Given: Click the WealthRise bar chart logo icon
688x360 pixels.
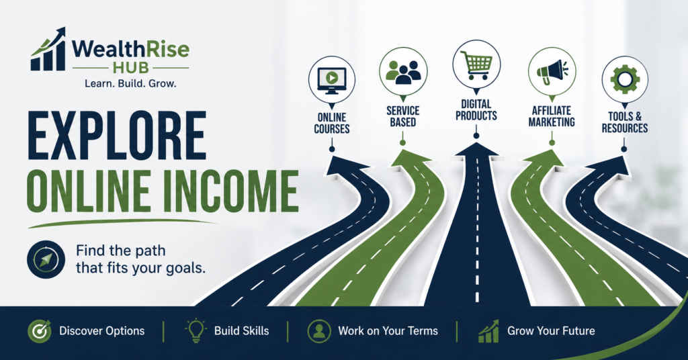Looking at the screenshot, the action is click(48, 49).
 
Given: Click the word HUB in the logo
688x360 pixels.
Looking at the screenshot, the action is click(131, 68).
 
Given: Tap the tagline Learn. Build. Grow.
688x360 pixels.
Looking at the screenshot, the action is click(130, 83).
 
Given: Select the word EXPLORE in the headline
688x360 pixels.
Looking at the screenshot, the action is click(117, 136).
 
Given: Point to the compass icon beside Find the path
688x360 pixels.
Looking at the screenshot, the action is click(46, 259).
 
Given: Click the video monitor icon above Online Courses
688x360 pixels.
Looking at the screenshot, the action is click(332, 80).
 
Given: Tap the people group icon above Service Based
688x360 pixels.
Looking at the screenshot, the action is click(403, 71).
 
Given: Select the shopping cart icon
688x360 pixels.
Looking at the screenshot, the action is click(476, 64).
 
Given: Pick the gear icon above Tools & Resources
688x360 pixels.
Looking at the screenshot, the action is click(625, 79).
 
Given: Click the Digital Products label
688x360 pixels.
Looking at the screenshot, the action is click(476, 110).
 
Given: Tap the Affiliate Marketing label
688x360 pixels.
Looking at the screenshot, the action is click(552, 117).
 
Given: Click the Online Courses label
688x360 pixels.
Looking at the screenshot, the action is click(332, 123).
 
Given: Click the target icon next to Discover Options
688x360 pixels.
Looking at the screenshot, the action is click(40, 331).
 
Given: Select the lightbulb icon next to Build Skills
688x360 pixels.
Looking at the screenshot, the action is click(196, 330).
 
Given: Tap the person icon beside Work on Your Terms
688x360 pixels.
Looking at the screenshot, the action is click(319, 331).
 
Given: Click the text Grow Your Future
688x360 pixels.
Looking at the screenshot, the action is click(551, 330).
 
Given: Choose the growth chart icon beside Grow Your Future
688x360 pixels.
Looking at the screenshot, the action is click(488, 331).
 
